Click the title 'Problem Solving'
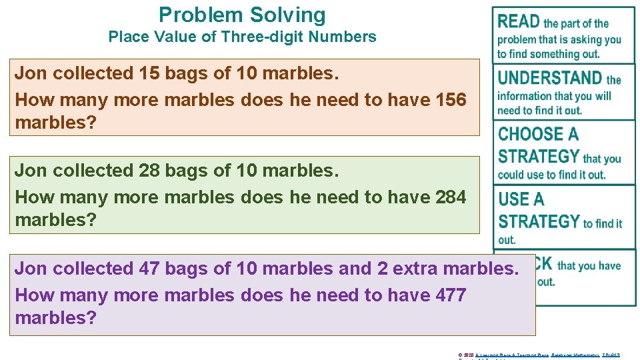click(x=242, y=15)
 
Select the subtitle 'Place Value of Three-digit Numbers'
click(x=242, y=37)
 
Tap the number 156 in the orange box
click(x=450, y=100)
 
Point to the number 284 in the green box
click(x=450, y=197)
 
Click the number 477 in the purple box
click(x=450, y=295)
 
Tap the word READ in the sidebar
click(x=519, y=22)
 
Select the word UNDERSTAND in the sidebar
click(x=550, y=79)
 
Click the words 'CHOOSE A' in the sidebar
click(x=538, y=135)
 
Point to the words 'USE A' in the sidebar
click(x=521, y=199)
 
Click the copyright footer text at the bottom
click(x=539, y=355)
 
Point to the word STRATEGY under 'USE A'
click(x=539, y=221)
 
